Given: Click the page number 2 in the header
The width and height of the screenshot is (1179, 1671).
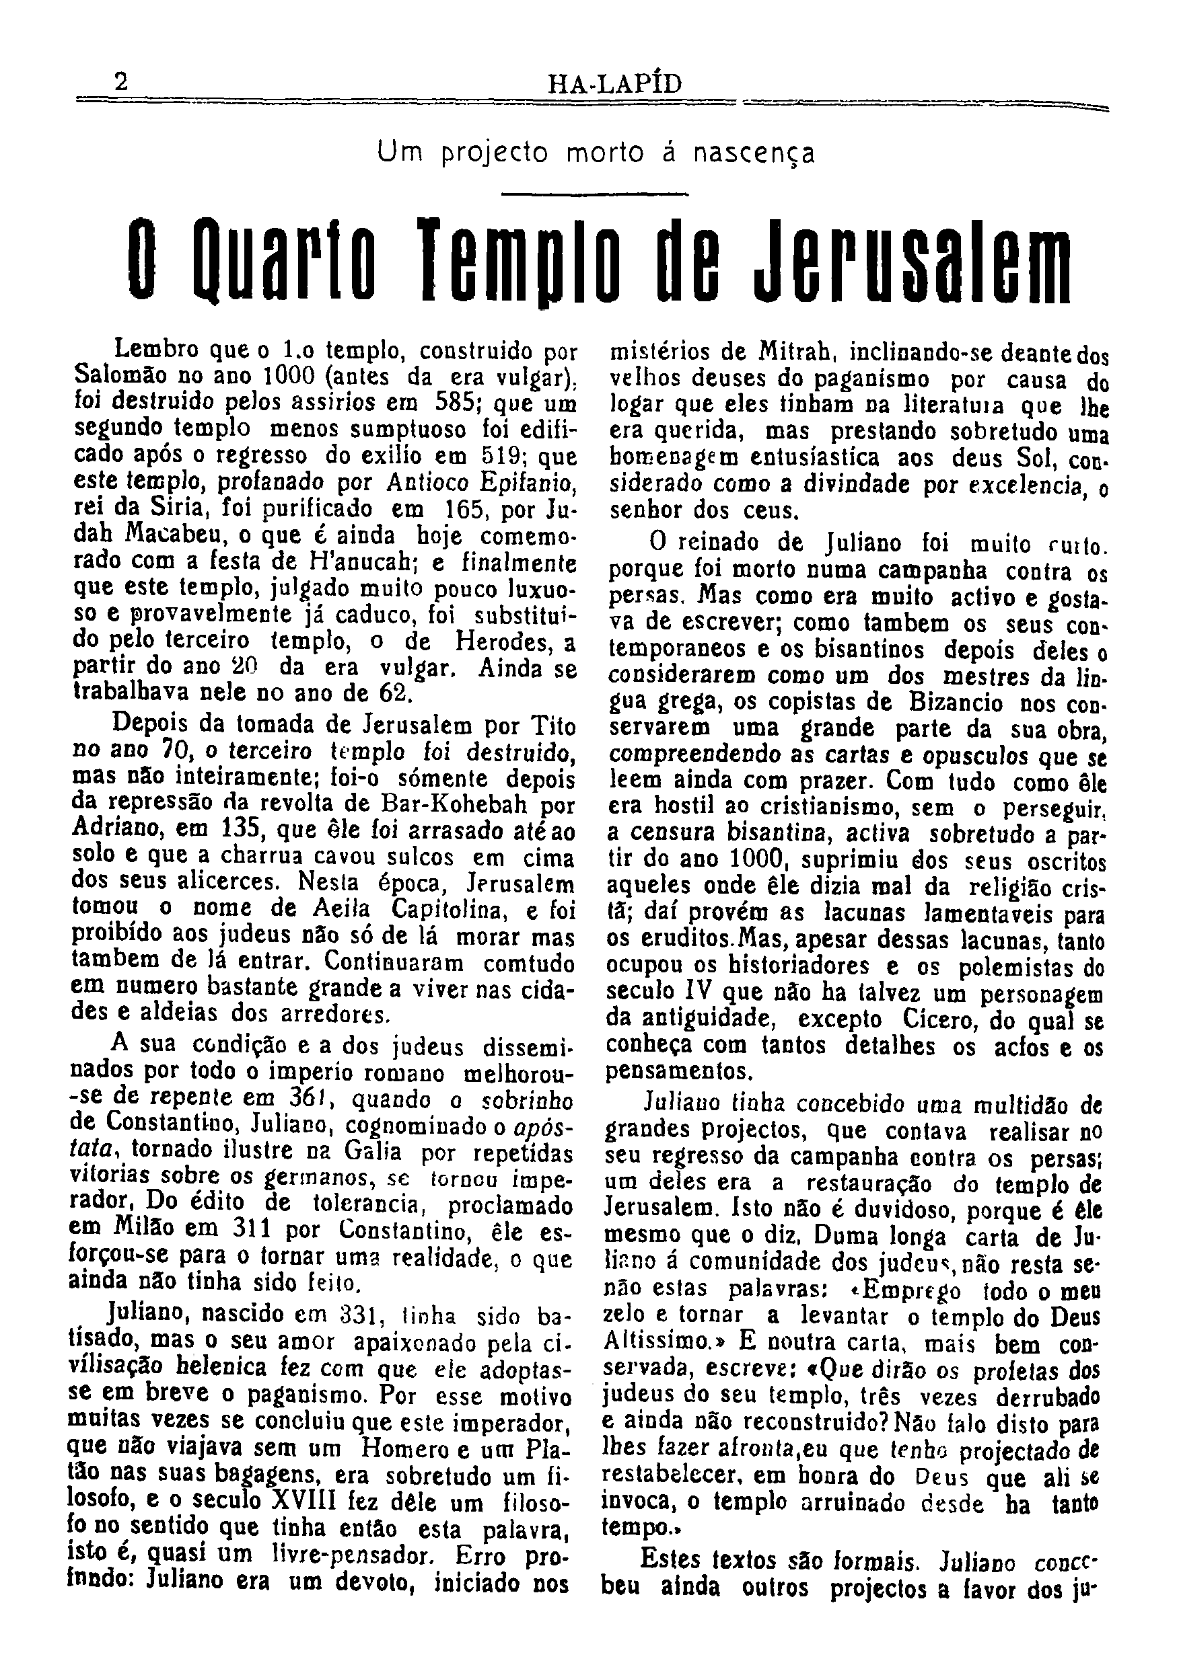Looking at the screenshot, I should pos(121,82).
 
